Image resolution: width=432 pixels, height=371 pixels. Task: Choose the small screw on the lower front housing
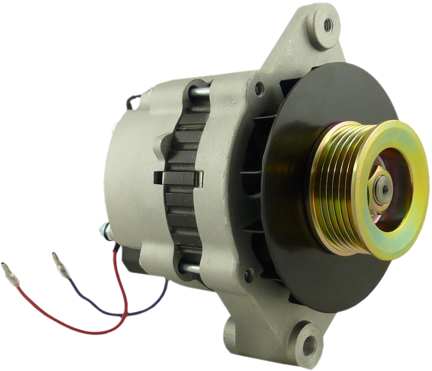250,274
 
